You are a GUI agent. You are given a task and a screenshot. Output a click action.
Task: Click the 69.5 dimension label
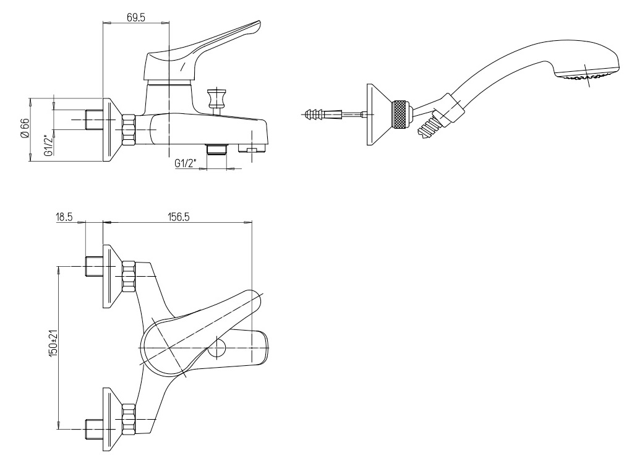click(135, 17)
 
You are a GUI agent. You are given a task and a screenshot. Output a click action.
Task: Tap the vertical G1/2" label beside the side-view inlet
click(48, 145)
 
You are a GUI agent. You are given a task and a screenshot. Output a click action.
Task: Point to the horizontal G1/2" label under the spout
click(186, 163)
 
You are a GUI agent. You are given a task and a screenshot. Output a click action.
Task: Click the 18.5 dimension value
click(64, 217)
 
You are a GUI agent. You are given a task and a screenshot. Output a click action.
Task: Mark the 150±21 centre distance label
click(54, 342)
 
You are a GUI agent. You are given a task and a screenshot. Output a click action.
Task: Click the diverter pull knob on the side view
click(215, 99)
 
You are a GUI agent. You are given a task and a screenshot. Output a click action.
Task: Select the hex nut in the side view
click(129, 130)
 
